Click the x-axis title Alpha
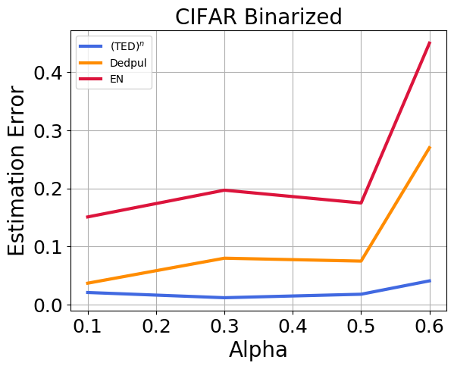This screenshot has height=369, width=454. click(258, 350)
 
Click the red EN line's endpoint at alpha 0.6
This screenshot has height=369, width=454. click(430, 43)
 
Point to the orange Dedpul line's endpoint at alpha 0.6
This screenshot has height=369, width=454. click(430, 147)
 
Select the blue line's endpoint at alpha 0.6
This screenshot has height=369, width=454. click(430, 281)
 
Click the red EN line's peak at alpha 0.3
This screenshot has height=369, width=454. click(224, 190)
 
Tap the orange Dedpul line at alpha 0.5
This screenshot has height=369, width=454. click(362, 261)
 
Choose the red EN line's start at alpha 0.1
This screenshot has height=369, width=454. click(88, 217)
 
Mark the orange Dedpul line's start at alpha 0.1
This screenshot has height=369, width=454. click(88, 283)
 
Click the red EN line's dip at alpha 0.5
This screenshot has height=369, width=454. click(362, 203)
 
